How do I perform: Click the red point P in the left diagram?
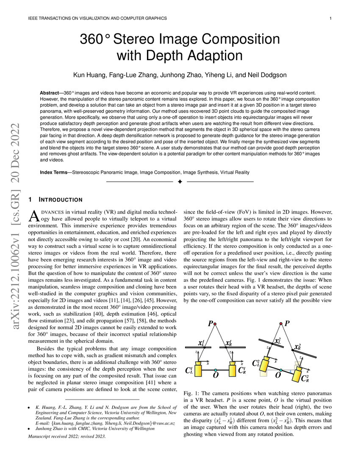[x=215, y=324]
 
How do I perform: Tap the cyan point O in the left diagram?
[x=215, y=370]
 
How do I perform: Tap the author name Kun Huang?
[x=90, y=75]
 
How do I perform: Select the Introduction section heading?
[x=60, y=200]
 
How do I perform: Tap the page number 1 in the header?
[x=330, y=18]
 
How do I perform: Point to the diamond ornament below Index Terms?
[x=180, y=182]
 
